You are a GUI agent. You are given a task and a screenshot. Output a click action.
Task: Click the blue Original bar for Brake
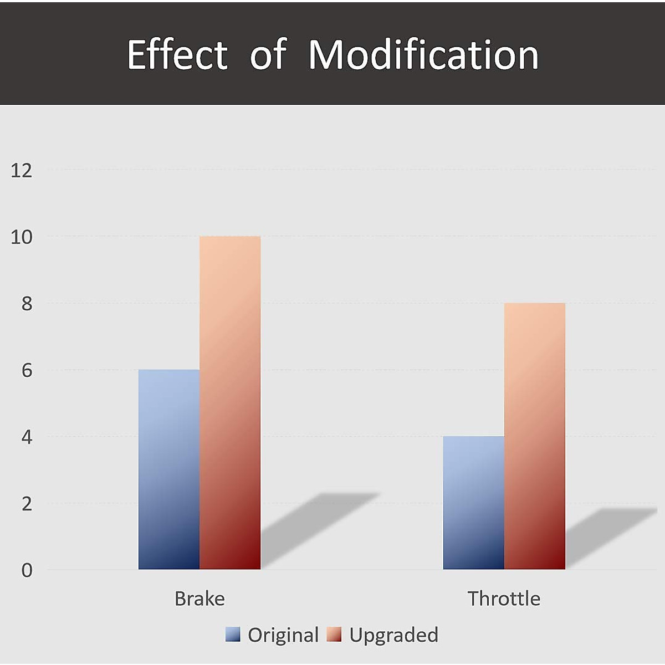click(169, 469)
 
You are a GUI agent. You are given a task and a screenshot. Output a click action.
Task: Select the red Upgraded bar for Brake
click(230, 403)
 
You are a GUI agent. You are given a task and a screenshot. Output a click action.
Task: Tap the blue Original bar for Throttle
click(474, 503)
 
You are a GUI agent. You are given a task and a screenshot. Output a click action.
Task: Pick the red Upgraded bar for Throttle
click(535, 436)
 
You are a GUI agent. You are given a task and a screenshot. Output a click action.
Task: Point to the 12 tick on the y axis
click(22, 170)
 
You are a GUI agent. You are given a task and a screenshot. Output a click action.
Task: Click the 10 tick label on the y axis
click(22, 237)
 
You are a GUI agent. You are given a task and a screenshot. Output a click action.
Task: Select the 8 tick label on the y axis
click(27, 304)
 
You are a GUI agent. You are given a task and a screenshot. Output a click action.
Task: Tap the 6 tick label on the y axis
click(27, 370)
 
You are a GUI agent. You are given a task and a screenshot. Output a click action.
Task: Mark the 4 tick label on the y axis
click(27, 437)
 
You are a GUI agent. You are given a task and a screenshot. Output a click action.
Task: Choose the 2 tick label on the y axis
click(27, 504)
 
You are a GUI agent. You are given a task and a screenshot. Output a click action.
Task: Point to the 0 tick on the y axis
click(27, 570)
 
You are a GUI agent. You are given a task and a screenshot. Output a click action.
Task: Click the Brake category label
click(199, 598)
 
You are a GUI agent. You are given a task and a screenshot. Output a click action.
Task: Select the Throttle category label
click(504, 598)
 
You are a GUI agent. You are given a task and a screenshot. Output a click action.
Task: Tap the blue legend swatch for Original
click(233, 635)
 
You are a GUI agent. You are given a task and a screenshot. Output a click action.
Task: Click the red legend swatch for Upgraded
click(334, 635)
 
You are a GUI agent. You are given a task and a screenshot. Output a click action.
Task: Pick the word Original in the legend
click(283, 635)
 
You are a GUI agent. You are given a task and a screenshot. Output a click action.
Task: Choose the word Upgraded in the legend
click(393, 635)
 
